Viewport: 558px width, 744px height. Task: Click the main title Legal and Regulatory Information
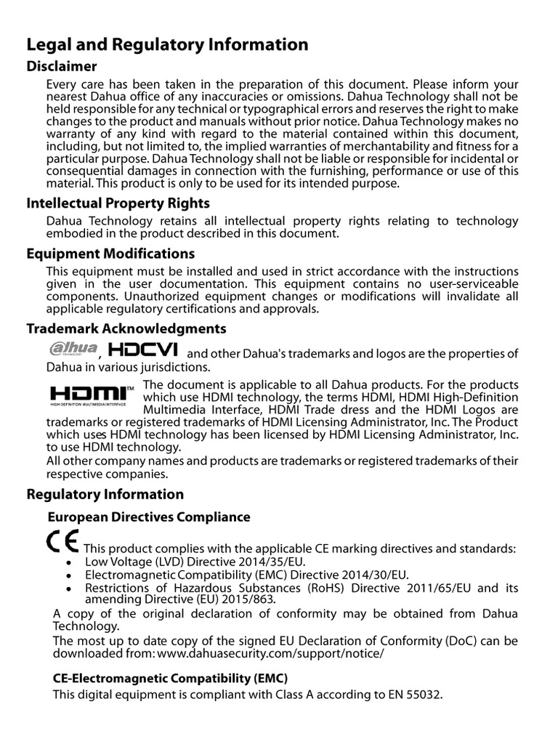pyautogui.click(x=167, y=45)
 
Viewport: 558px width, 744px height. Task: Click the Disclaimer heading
pyautogui.click(x=62, y=67)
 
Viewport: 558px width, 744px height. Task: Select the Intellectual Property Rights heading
pyautogui.click(x=118, y=203)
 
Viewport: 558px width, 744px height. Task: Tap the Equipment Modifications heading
pyautogui.click(x=110, y=254)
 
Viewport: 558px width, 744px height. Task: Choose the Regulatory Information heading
pyautogui.click(x=105, y=495)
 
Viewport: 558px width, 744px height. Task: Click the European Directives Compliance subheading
pyautogui.click(x=149, y=517)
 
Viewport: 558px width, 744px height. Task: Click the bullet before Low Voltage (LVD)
pyautogui.click(x=68, y=562)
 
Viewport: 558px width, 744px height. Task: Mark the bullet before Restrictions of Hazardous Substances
pyautogui.click(x=68, y=589)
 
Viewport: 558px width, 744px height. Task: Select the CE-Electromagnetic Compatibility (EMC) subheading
pyautogui.click(x=171, y=678)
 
